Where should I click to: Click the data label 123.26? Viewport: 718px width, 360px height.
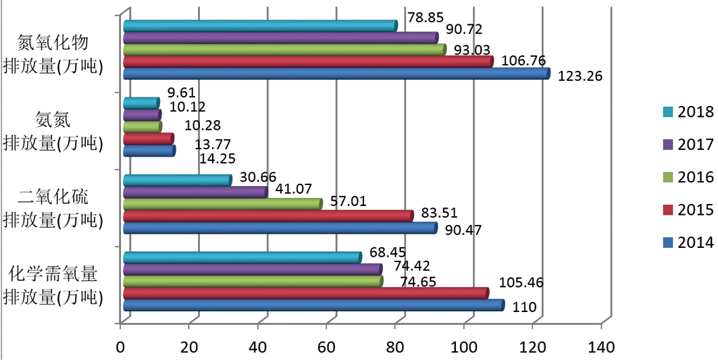[580, 76]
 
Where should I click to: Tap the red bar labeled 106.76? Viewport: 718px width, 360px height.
[307, 61]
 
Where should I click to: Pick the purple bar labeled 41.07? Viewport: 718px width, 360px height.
[195, 192]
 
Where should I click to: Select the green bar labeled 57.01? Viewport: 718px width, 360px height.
[222, 204]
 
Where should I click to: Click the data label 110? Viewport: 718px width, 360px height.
[524, 308]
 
